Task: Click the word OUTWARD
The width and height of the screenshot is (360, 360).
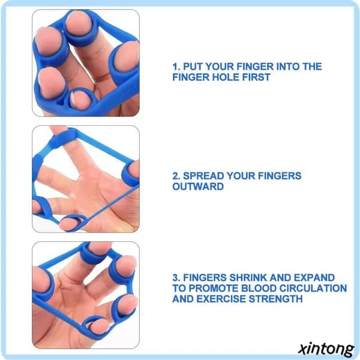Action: click(198, 187)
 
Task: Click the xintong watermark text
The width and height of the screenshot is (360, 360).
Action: click(326, 349)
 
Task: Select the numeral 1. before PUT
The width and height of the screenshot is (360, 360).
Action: click(176, 67)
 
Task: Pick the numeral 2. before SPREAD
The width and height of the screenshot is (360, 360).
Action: click(176, 176)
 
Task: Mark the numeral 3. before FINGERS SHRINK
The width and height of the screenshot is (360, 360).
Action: click(176, 278)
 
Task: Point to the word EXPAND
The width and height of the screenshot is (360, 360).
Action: click(314, 278)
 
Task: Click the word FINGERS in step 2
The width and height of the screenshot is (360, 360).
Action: click(280, 176)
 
